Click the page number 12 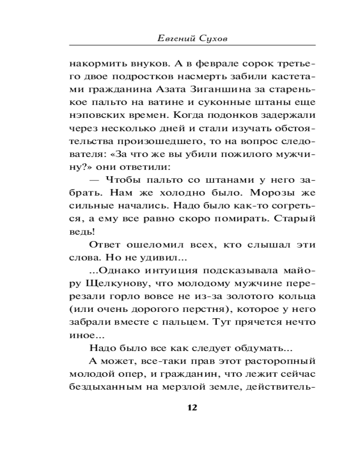pyautogui.click(x=191, y=408)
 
